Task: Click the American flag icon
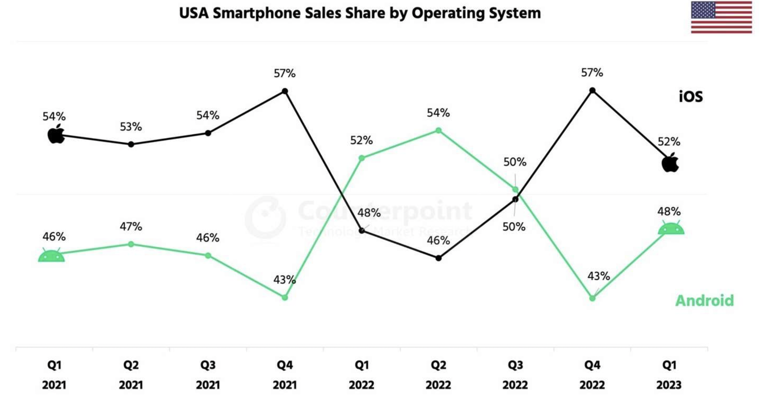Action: click(x=721, y=17)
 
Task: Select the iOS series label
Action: click(x=691, y=97)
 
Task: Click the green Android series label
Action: click(x=704, y=301)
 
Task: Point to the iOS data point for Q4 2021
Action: click(x=285, y=91)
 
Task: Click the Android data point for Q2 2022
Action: click(x=439, y=130)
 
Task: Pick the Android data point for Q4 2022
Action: click(x=592, y=298)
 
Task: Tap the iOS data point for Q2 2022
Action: click(x=439, y=258)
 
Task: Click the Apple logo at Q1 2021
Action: click(x=56, y=134)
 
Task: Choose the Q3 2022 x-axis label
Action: click(x=515, y=375)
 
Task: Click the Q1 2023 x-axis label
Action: click(x=669, y=375)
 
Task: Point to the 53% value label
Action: click(x=131, y=127)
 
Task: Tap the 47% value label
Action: click(x=131, y=227)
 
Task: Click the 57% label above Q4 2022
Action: click(x=592, y=73)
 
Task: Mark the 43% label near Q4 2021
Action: click(x=284, y=280)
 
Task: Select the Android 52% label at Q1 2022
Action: click(x=361, y=140)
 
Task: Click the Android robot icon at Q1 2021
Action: click(x=51, y=256)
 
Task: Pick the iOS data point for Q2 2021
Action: click(x=131, y=144)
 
